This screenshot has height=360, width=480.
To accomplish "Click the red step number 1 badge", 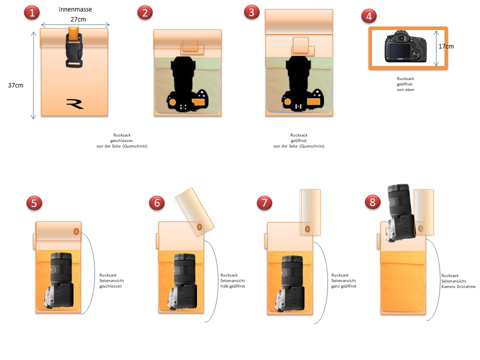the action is [31, 12].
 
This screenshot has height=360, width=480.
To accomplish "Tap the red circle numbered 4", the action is [369, 16].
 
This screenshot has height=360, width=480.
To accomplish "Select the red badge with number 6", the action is [156, 202].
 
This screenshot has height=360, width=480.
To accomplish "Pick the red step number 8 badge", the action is [372, 202].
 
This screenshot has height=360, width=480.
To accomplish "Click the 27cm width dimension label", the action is [78, 19].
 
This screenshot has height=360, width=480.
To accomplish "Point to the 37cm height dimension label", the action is [15, 85].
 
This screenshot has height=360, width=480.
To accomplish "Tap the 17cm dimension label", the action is [446, 46].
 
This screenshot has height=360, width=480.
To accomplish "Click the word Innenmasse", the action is [75, 9].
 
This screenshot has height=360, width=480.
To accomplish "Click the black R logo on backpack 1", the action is [75, 104].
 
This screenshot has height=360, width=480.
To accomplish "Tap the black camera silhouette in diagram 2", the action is [187, 84].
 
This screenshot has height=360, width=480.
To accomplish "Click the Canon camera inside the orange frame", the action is [405, 46].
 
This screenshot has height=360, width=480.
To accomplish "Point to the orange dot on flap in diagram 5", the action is [76, 231].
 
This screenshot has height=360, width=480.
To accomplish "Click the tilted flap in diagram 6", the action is [194, 212].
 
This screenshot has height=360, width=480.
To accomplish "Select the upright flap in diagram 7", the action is [310, 212].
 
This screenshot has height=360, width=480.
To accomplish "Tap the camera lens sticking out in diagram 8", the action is [398, 199].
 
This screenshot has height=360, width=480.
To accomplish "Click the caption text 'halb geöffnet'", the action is [232, 286].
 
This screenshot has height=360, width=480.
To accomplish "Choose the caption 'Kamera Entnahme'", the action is [458, 286].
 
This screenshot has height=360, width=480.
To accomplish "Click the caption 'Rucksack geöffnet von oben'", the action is [405, 84].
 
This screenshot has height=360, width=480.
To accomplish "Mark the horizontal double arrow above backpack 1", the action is [75, 25].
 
